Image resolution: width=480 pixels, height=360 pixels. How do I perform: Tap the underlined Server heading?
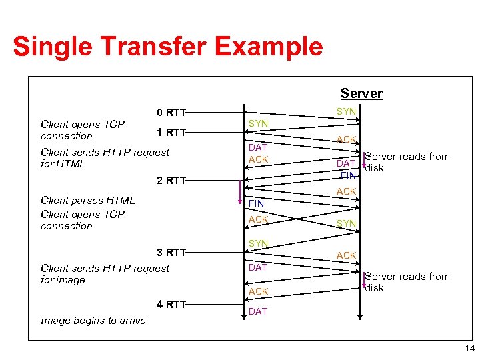[x=361, y=93]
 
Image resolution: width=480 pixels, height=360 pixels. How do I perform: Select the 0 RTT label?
[x=171, y=112]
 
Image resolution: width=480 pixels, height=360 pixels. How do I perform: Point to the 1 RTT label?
[x=171, y=132]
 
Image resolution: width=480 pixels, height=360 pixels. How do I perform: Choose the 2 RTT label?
[x=171, y=180]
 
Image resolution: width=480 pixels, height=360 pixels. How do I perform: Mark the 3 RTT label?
[x=171, y=252]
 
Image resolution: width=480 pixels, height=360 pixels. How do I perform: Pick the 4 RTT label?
[x=171, y=305]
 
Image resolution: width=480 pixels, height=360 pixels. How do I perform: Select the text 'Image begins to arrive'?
[x=93, y=321]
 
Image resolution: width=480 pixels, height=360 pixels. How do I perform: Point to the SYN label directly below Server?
[x=346, y=112]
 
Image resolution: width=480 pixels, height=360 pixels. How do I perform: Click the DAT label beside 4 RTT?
[x=257, y=311]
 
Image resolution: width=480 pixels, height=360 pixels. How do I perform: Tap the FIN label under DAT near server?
[x=348, y=175]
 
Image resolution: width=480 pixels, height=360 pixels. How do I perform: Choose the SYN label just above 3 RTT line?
[x=258, y=244]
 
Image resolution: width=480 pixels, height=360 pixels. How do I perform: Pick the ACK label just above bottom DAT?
[x=258, y=291]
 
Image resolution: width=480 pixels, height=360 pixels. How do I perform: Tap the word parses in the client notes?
[x=83, y=200]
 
